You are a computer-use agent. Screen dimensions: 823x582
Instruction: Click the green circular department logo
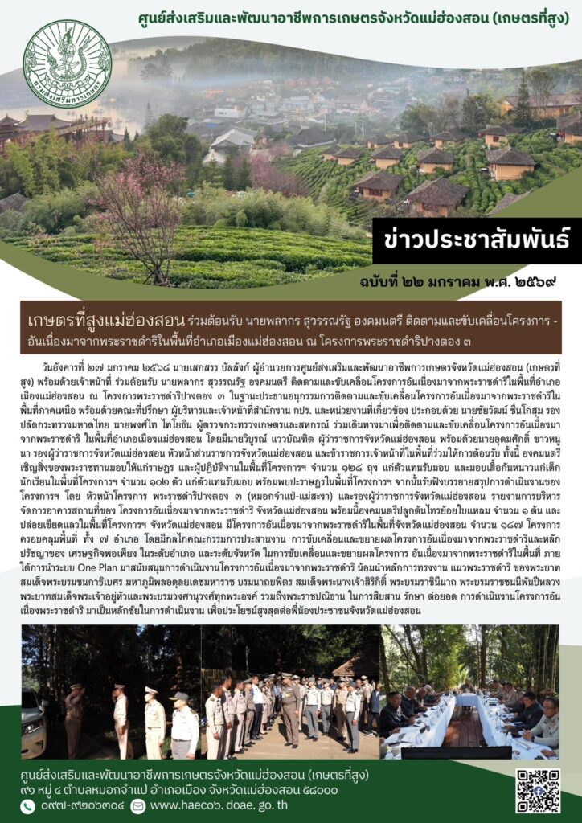pyautogui.click(x=68, y=64)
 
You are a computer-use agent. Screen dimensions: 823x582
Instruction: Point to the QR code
pyautogui.click(x=538, y=790)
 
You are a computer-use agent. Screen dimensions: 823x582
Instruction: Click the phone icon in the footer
pyautogui.click(x=28, y=806)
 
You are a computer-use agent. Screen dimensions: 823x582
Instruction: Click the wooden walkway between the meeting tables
pyautogui.click(x=465, y=727)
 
